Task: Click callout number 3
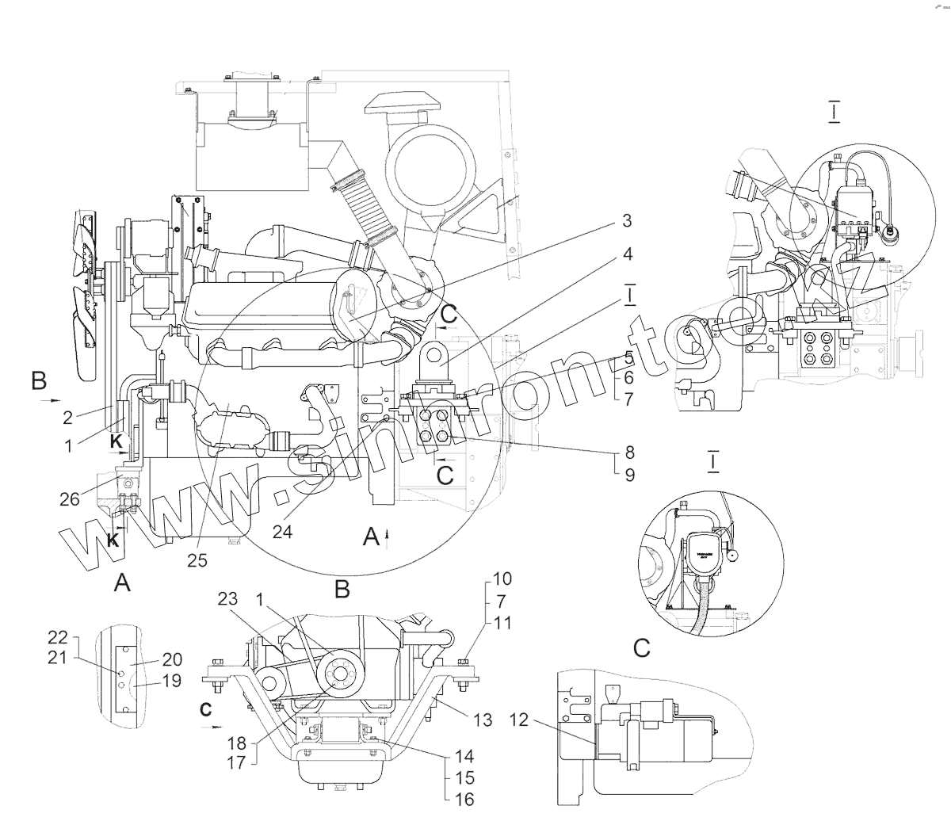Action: coord(626,221)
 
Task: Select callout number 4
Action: coord(626,254)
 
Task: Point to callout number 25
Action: coord(197,560)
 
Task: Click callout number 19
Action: coord(172,680)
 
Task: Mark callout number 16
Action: coord(466,799)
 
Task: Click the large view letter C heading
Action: coord(642,649)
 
